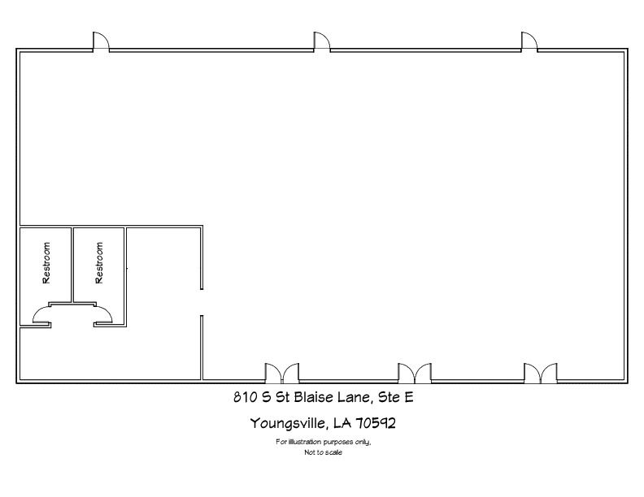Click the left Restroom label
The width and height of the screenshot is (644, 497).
pyautogui.click(x=46, y=263)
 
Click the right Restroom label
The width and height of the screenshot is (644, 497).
pyautogui.click(x=99, y=263)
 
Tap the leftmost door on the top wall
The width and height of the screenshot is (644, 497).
pyautogui.click(x=101, y=42)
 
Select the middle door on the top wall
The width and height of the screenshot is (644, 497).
pyautogui.click(x=322, y=42)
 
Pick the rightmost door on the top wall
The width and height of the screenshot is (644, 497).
pyautogui.click(x=529, y=42)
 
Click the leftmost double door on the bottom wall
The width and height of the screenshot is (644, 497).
pyautogui.click(x=281, y=374)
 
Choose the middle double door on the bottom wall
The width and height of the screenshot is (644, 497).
pyautogui.click(x=415, y=374)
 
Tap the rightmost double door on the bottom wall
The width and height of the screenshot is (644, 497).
pyautogui.click(x=541, y=374)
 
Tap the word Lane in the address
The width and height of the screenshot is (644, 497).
pyautogui.click(x=355, y=397)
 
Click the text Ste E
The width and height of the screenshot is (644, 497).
pyautogui.click(x=395, y=397)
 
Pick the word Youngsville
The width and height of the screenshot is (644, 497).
pyautogui.click(x=289, y=423)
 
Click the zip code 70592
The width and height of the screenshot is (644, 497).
pyautogui.click(x=376, y=422)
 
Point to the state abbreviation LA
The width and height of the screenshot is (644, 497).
pyautogui.click(x=342, y=422)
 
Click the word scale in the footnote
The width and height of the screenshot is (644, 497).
pyautogui.click(x=334, y=452)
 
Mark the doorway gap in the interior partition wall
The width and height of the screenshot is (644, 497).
pyautogui.click(x=202, y=302)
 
